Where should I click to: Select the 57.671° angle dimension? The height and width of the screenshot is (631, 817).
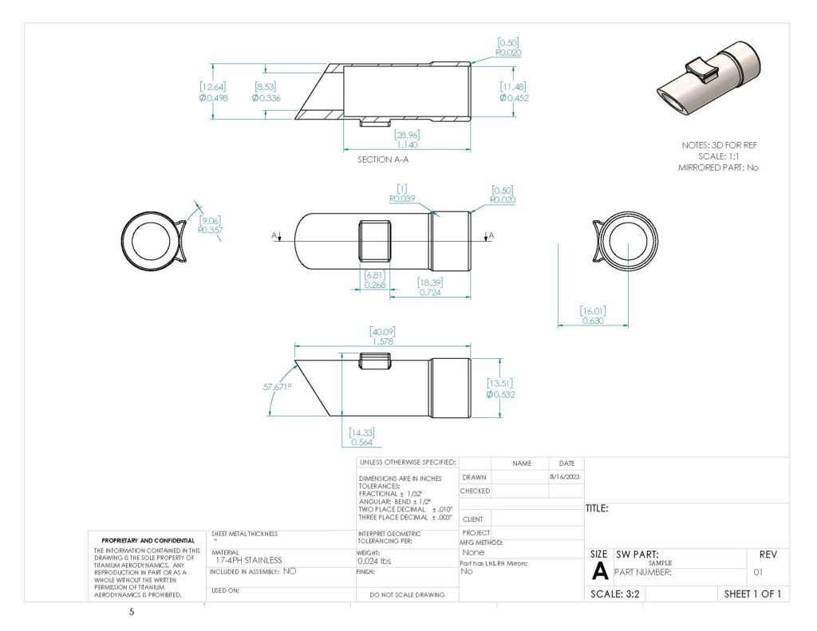point(277,386)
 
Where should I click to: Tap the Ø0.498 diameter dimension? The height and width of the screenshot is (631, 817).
point(213,98)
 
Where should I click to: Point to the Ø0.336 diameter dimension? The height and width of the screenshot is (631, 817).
point(266,98)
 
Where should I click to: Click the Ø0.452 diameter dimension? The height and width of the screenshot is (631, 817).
point(514,98)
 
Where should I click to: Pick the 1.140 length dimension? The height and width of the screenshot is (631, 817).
point(407,145)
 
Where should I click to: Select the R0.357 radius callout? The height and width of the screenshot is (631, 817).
point(211,230)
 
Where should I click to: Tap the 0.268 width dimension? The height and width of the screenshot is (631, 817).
point(376,284)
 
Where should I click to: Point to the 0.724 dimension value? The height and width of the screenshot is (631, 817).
point(430,293)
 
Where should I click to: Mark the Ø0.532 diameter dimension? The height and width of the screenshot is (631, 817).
point(500,394)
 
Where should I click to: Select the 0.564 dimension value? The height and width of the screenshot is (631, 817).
point(361,443)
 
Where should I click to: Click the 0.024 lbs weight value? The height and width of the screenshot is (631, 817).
point(375,560)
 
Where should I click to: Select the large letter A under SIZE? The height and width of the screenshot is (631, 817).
point(599,571)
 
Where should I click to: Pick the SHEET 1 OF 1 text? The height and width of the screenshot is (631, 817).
point(752,594)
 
